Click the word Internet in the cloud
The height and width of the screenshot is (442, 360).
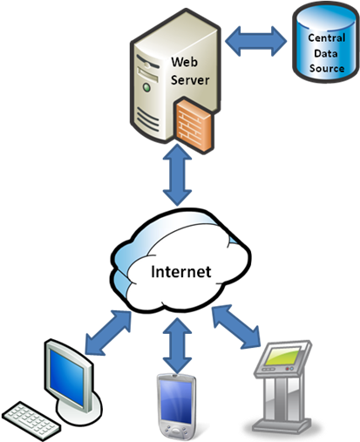click(x=180, y=272)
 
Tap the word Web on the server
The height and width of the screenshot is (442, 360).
click(x=184, y=62)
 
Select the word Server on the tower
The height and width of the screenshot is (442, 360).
click(x=190, y=80)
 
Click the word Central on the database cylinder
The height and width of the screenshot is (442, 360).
click(x=327, y=37)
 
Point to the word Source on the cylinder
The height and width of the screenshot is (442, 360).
click(x=327, y=68)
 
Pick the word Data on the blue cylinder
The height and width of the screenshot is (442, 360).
click(x=326, y=53)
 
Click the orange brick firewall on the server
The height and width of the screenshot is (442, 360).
click(x=194, y=125)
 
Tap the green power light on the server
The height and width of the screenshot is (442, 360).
click(x=147, y=87)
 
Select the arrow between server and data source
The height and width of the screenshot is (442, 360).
click(x=256, y=41)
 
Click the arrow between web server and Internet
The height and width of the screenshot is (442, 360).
click(x=177, y=175)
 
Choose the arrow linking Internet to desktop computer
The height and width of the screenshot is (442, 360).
click(x=108, y=332)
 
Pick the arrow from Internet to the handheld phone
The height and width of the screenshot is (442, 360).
click(x=177, y=345)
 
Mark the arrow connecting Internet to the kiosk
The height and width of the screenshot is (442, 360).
click(x=236, y=326)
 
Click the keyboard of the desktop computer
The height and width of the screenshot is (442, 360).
click(x=31, y=421)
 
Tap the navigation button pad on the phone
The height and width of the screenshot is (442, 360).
click(x=175, y=431)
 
